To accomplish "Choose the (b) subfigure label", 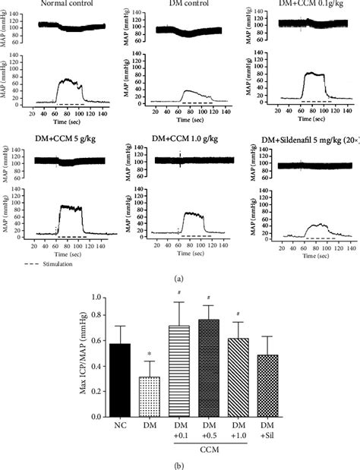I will (180, 463).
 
